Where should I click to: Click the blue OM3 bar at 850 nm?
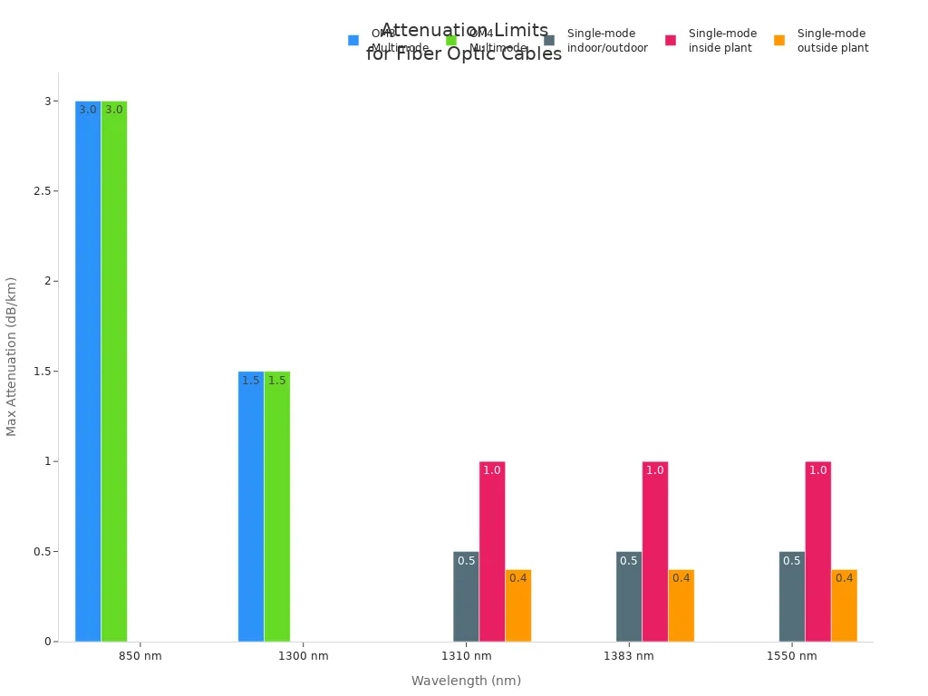88,372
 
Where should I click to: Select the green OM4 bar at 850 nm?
114,372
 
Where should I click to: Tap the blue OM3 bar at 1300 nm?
251,507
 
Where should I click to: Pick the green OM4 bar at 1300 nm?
277,507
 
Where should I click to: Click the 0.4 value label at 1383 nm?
681,578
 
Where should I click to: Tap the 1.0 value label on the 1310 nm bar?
492,470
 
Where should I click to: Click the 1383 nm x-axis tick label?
629,656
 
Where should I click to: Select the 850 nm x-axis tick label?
140,656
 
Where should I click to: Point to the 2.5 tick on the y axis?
39,191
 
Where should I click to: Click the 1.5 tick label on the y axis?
39,372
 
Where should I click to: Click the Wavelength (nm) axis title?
466,681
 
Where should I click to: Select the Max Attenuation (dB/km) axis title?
12,356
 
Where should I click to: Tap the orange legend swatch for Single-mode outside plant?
779,41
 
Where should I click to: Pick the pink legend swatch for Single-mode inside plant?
671,41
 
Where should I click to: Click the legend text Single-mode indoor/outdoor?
607,41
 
